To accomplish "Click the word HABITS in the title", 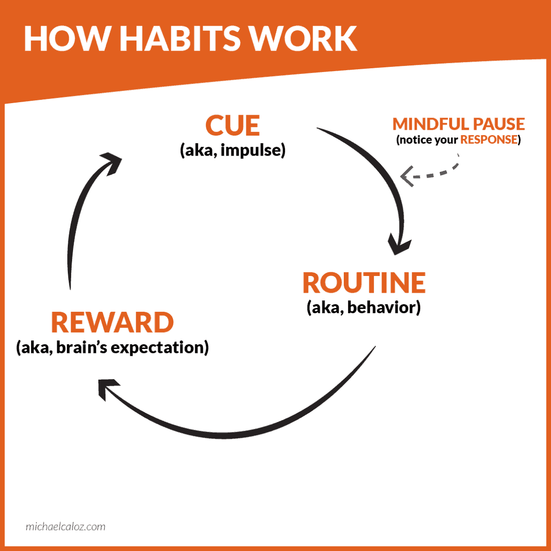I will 180,39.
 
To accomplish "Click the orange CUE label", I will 233,126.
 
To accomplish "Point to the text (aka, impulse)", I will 233,150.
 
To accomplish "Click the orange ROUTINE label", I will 364,283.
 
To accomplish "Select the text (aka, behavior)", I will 363,307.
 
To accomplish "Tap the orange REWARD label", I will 113,323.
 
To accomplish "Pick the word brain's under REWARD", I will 82,348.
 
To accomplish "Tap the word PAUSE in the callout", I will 499,124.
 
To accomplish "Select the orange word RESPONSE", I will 489,140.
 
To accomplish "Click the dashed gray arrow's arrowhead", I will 406,176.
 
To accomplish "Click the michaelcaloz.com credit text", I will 65,527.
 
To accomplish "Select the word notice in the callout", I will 416,140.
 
